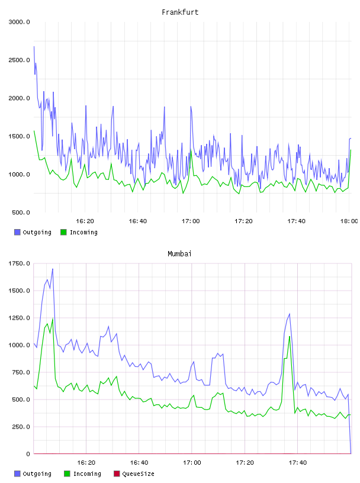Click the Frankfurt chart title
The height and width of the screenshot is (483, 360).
click(x=180, y=12)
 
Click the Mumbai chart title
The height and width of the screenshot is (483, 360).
click(x=179, y=254)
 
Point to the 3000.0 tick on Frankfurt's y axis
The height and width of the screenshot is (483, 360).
click(x=20, y=22)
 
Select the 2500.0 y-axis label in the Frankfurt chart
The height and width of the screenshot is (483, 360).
click(x=20, y=60)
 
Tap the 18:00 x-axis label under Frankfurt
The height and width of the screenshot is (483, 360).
click(x=349, y=221)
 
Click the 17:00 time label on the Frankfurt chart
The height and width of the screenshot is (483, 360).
click(x=191, y=221)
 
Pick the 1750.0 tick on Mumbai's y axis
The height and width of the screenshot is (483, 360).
click(x=20, y=263)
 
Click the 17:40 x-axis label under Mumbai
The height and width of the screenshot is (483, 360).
click(x=298, y=463)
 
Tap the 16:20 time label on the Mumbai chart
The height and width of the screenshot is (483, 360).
click(x=86, y=463)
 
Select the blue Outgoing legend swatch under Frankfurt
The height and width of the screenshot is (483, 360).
click(x=17, y=232)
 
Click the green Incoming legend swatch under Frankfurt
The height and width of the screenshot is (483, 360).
click(x=63, y=232)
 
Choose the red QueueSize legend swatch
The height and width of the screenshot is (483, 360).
click(x=117, y=474)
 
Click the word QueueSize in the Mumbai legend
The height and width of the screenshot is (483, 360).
click(x=139, y=474)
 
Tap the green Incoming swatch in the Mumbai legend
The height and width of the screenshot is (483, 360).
click(x=67, y=474)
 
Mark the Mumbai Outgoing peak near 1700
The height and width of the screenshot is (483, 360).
click(x=53, y=269)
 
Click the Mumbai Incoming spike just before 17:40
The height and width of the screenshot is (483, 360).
click(x=290, y=336)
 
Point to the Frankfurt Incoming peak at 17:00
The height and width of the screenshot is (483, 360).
click(x=191, y=150)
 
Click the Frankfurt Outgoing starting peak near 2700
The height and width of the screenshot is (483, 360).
click(x=34, y=47)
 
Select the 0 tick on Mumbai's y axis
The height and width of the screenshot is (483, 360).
click(x=28, y=454)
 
